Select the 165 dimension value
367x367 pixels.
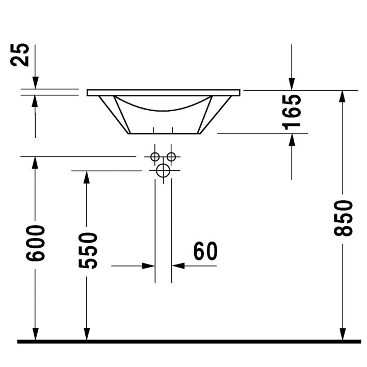point(292,110)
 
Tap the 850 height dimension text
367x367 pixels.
point(344,218)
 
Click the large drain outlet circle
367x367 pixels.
point(163,171)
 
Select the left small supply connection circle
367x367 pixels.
point(155,156)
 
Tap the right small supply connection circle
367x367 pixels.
point(171,156)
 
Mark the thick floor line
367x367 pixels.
point(189,341)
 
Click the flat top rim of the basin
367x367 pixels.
point(163,93)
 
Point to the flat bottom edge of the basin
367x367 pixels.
point(163,134)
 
